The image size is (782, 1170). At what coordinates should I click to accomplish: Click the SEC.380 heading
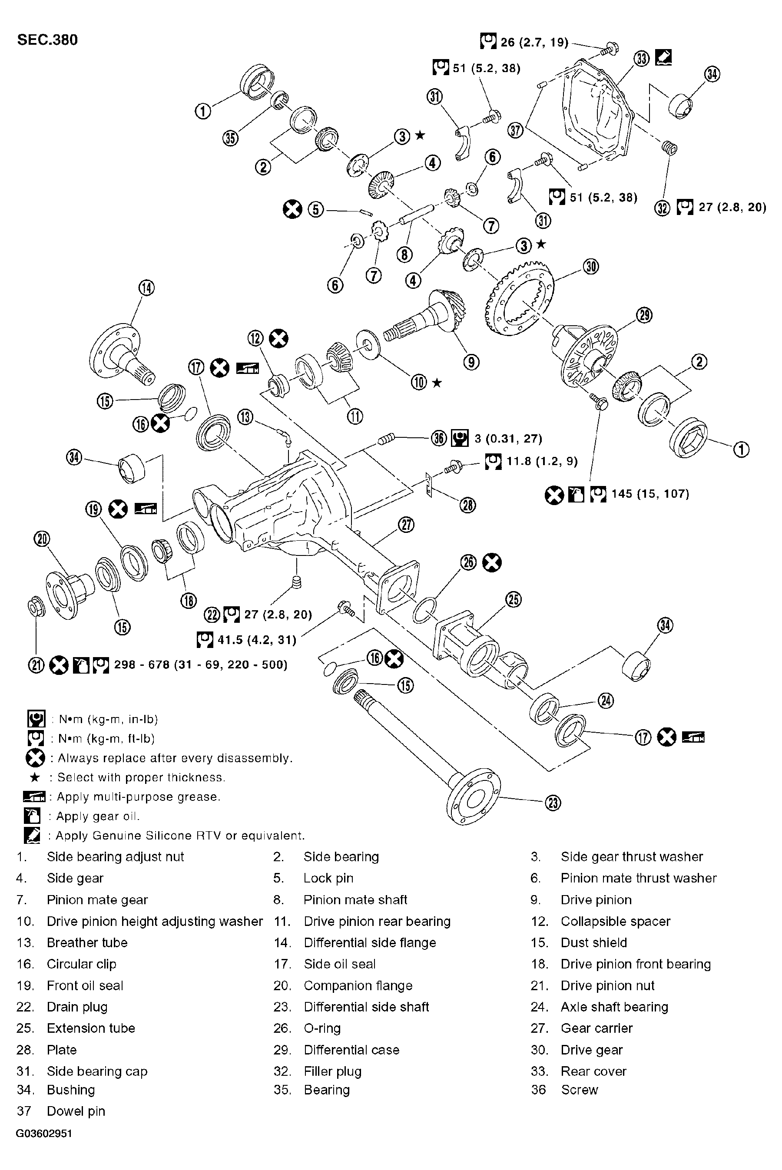47,40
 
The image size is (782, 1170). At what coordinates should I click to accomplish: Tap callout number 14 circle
147,288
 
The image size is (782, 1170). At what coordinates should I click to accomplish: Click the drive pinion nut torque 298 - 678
200,665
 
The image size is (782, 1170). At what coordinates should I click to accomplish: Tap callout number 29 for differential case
644,315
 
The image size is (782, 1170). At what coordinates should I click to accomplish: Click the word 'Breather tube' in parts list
87,943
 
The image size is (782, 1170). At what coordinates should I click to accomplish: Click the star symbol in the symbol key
35,777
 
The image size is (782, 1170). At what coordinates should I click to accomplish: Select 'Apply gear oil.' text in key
98,816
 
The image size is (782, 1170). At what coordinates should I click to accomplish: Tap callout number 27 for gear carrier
407,525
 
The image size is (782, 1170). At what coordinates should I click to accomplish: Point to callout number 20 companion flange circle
42,539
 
